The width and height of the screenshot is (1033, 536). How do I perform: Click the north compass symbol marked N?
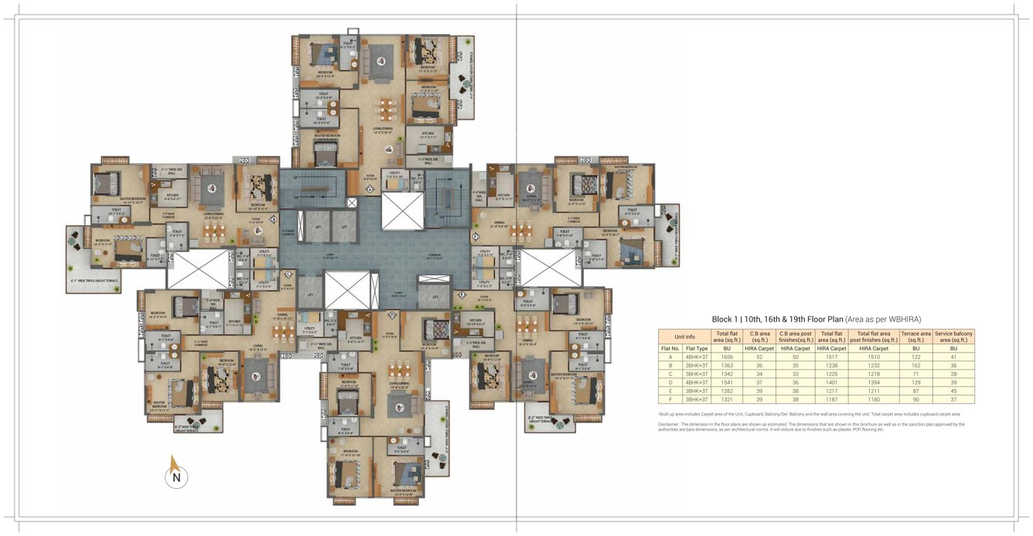point(176,476)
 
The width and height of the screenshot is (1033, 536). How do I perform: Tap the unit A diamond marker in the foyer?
point(370,189)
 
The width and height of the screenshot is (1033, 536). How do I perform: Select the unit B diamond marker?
point(274,219)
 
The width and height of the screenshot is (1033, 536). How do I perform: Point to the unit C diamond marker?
point(288,273)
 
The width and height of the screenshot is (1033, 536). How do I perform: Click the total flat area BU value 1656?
point(727,357)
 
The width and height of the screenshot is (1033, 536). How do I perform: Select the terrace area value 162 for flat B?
point(915,366)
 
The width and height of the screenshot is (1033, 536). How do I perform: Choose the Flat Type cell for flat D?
point(697,383)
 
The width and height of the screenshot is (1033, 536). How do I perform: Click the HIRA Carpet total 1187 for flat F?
point(832,400)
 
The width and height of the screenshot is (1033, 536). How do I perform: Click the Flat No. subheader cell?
point(670,349)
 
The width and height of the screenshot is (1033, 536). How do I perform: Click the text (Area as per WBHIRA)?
point(883,319)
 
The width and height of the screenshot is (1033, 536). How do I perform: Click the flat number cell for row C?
point(670,374)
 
